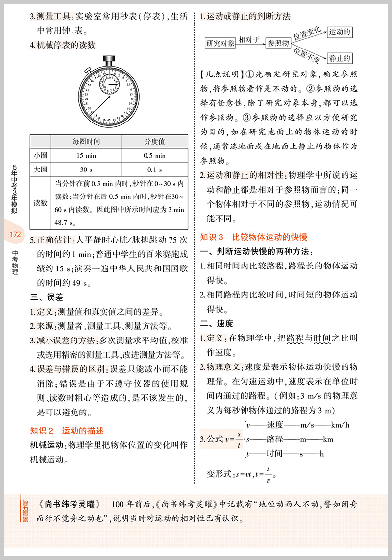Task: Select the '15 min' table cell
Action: pos(86,156)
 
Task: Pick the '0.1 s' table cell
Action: pos(154,170)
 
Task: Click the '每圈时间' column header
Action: pos(86,141)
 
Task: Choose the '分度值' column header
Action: pos(154,141)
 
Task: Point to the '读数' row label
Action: pos(41,203)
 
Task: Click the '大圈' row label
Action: pos(41,170)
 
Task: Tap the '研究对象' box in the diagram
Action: pos(220,43)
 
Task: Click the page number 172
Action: pos(15,234)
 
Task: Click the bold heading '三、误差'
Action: pos(47,297)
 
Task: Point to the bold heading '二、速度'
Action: pos(217,323)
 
